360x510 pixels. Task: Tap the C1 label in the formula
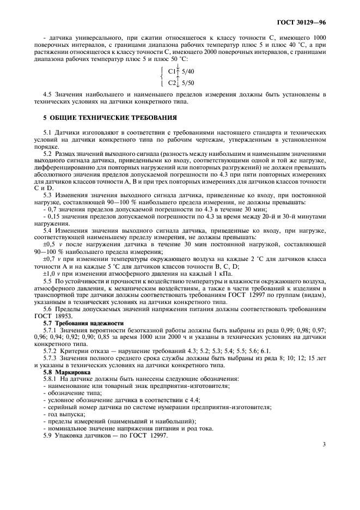click(x=172, y=71)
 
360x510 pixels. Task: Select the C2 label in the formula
click(x=172, y=83)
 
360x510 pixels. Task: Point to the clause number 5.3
click(x=47, y=195)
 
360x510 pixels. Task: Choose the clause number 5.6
click(x=47, y=309)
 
